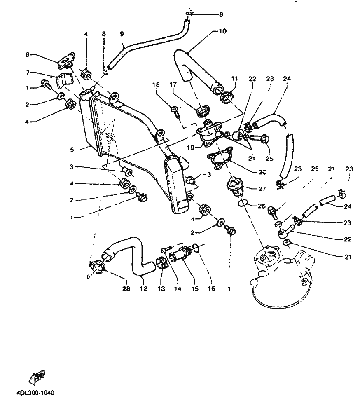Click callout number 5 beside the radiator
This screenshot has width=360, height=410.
click(x=72, y=150)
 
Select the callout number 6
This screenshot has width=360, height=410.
click(x=28, y=54)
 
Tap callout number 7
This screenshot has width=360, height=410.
click(x=28, y=73)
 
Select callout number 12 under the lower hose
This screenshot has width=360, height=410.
click(x=143, y=289)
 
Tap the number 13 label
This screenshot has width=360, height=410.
click(x=161, y=289)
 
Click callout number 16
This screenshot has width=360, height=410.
click(x=211, y=289)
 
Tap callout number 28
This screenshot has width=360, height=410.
click(x=126, y=289)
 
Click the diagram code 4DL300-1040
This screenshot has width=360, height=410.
click(x=35, y=393)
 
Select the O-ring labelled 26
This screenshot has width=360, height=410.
click(x=243, y=203)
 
